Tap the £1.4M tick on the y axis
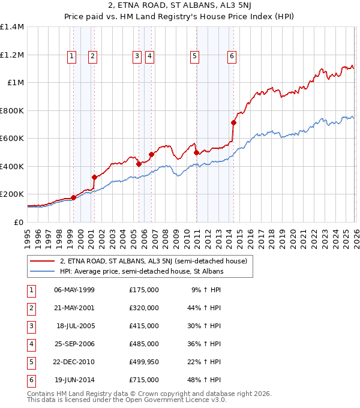(x=12, y=27)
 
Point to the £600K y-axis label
(x=12, y=138)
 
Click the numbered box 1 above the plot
(x=72, y=57)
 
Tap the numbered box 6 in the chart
(x=232, y=57)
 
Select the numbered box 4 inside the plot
(x=149, y=57)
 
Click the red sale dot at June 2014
(x=234, y=123)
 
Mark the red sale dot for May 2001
(x=94, y=177)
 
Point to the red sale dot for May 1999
(x=73, y=197)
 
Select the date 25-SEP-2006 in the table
(x=74, y=344)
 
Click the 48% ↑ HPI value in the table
(x=204, y=380)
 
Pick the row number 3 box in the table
(x=30, y=326)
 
